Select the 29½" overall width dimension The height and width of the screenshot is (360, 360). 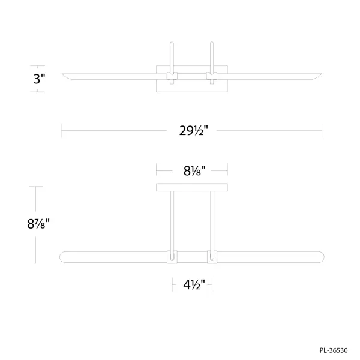pos(192,130)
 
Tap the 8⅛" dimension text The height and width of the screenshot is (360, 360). pos(191,170)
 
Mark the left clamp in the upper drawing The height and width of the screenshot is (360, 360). pos(172,76)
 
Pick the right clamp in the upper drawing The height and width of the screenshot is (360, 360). pos(211,76)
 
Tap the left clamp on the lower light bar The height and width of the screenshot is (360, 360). pos(172,257)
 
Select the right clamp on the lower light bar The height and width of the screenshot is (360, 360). pos(211,257)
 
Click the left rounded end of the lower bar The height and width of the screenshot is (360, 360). pos(64,257)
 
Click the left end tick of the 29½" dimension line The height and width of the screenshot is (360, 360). pos(62,130)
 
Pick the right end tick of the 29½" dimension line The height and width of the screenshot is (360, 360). pos(322,130)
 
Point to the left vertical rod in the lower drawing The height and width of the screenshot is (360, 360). pos(172,219)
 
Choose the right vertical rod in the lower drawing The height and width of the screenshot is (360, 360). pos(211,219)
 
